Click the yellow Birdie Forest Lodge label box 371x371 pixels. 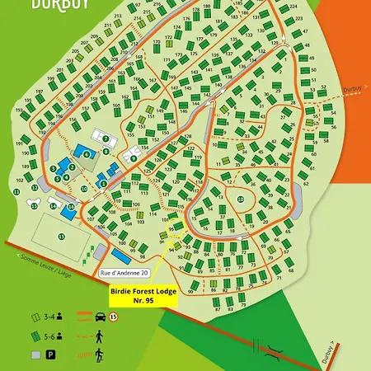point(143,295)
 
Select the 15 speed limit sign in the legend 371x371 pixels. point(115,316)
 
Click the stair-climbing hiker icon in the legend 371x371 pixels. point(99,354)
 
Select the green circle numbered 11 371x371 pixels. point(16,192)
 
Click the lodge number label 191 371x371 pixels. point(18,142)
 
